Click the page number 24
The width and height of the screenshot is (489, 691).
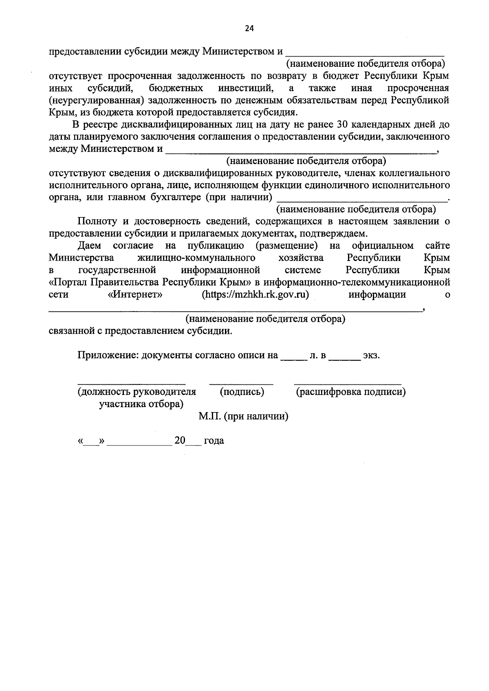249,28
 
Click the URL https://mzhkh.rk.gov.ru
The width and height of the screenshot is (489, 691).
256,295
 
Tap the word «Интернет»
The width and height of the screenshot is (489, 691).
135,295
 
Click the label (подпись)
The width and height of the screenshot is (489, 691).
242,392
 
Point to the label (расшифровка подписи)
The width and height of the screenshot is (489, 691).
350,392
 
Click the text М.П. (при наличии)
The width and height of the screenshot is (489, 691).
244,417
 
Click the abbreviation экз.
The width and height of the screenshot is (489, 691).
372,355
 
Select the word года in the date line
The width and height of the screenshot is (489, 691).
214,441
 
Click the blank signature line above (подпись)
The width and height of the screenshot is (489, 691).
241,384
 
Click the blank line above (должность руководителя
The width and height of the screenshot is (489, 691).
132,384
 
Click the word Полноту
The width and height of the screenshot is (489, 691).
97,222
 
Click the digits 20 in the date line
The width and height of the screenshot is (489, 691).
180,441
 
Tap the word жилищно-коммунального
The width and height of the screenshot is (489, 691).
196,258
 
